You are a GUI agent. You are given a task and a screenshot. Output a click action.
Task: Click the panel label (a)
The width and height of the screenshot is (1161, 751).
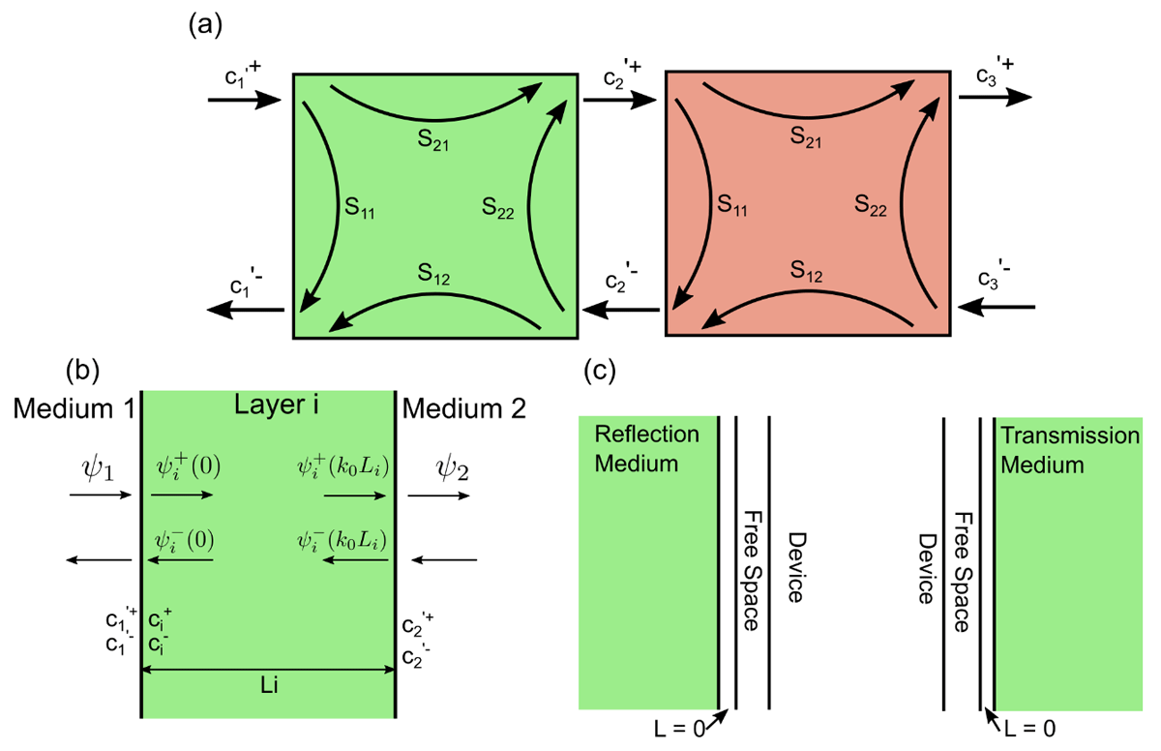pyautogui.click(x=205, y=24)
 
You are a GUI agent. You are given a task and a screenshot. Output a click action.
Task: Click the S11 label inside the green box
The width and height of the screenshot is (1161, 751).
pyautogui.click(x=361, y=205)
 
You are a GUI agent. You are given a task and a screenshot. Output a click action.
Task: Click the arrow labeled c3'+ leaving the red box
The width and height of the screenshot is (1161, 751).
pyautogui.click(x=995, y=98)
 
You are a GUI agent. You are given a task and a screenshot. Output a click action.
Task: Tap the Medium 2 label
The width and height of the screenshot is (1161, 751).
pyautogui.click(x=464, y=408)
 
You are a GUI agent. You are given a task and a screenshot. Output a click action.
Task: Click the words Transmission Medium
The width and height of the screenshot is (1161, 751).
pyautogui.click(x=1070, y=450)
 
